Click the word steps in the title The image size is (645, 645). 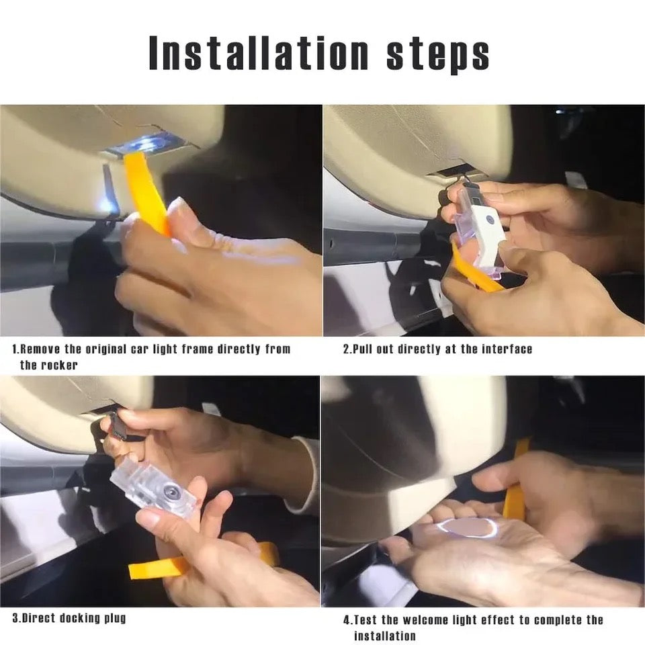coord(438,54)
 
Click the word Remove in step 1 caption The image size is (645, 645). coord(43,349)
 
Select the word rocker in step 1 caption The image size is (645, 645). coord(59,365)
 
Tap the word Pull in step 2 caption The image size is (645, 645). coord(365,349)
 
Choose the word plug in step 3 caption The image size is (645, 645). coord(114,617)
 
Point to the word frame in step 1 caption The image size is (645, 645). coord(213,349)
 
